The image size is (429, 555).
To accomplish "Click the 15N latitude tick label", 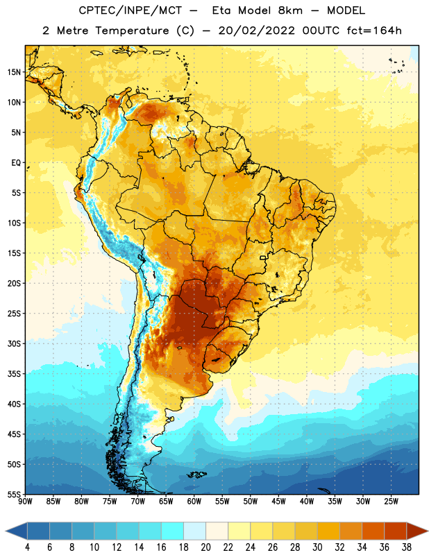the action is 14,72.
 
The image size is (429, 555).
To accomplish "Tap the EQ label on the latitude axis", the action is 16,163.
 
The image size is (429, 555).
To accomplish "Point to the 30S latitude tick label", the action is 14,343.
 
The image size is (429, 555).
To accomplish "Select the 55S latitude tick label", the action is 14,494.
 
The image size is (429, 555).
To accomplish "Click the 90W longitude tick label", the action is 25,502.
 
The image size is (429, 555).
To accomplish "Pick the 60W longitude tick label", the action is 194,502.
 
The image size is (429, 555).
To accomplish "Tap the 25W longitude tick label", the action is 391,502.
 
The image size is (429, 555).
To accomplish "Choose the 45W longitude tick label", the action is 278,502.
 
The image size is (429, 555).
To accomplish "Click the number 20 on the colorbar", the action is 205,547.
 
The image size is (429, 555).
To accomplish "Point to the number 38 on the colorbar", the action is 407,547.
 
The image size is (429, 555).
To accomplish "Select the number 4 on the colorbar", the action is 27,547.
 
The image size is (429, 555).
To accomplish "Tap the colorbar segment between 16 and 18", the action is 173,531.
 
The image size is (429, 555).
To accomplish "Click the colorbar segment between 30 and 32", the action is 328,531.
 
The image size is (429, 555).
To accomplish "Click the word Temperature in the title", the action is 131,31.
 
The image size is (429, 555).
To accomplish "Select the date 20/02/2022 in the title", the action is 256,31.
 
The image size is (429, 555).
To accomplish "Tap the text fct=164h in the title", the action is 374,31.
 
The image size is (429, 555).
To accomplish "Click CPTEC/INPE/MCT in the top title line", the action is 130,10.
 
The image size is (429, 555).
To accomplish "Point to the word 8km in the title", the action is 290,10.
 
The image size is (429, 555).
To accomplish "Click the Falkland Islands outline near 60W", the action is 196,475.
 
